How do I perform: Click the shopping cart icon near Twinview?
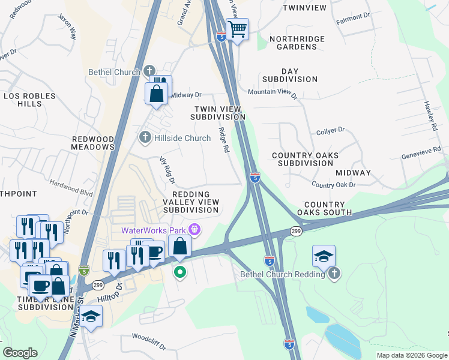coord(238,28)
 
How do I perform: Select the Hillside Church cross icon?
coord(144,138)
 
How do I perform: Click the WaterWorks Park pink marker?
coord(194,230)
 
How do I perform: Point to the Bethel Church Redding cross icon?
coord(335,274)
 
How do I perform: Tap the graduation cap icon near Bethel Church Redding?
coord(324,256)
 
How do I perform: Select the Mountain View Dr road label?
coord(273,92)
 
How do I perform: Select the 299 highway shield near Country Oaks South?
coord(296,231)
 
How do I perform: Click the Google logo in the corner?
coord(20,353)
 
